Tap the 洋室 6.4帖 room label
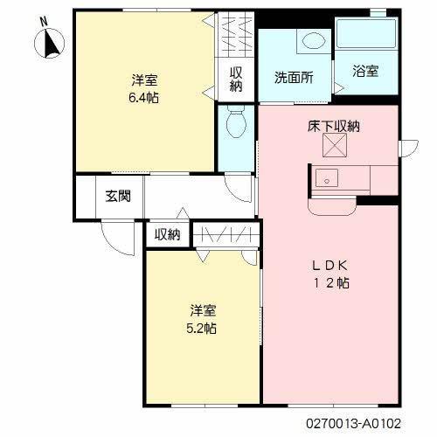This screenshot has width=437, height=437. coord(145,87)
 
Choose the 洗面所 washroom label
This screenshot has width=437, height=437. coord(293,76)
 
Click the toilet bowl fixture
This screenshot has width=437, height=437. coord(234,126)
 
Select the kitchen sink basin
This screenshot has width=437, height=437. coord(327,179)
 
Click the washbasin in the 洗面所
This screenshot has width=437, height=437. coord(311,41)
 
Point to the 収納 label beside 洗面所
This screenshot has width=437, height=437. coord(237,80)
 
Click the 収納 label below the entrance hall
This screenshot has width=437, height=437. coord(167,234)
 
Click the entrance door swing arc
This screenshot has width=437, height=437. coord(113,235)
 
